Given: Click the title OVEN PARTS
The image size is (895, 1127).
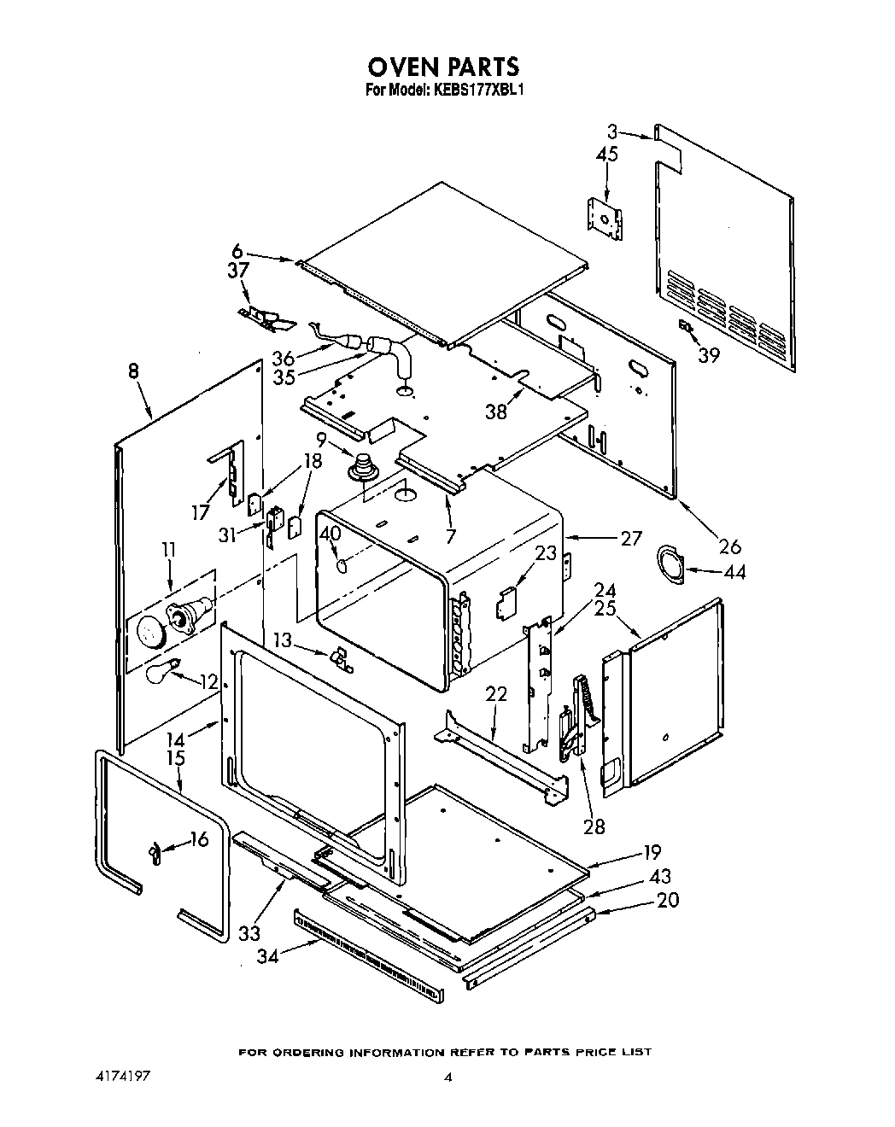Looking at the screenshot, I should click(443, 67).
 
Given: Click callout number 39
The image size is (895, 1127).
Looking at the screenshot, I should click(708, 355).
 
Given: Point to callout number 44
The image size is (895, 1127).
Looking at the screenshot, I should click(734, 572).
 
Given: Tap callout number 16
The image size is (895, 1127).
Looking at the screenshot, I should click(198, 839).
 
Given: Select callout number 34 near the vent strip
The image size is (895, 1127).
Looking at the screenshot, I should click(268, 955).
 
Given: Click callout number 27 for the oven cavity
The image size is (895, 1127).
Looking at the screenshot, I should click(630, 538).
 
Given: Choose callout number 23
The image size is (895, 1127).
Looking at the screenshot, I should click(546, 553).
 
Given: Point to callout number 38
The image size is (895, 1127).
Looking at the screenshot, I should click(496, 411).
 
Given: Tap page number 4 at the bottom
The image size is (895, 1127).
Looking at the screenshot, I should click(447, 1078).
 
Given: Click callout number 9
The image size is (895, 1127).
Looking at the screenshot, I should click(321, 441).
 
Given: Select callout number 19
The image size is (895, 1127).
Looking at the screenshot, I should click(652, 851).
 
